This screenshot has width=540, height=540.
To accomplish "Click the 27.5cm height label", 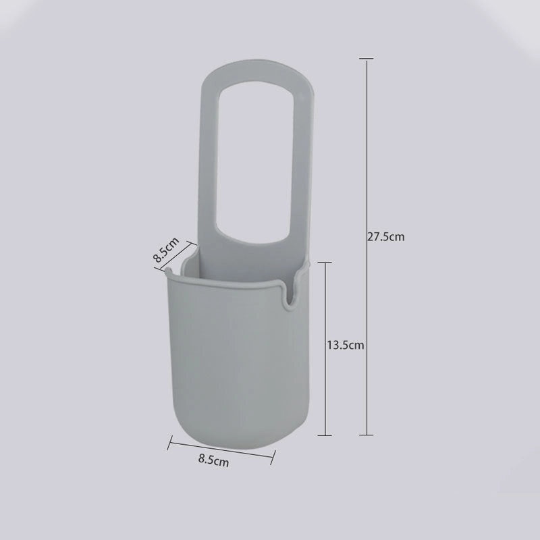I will [x=385, y=237].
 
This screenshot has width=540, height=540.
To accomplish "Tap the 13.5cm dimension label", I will [x=346, y=345].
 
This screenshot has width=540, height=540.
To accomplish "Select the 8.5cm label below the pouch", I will [x=213, y=462].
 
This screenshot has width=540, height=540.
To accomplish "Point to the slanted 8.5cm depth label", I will [x=166, y=249].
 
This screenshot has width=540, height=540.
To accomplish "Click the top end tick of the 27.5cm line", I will [x=367, y=59].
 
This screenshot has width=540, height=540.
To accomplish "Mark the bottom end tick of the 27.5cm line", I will [x=367, y=435].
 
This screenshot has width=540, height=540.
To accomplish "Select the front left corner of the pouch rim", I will [x=167, y=272].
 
